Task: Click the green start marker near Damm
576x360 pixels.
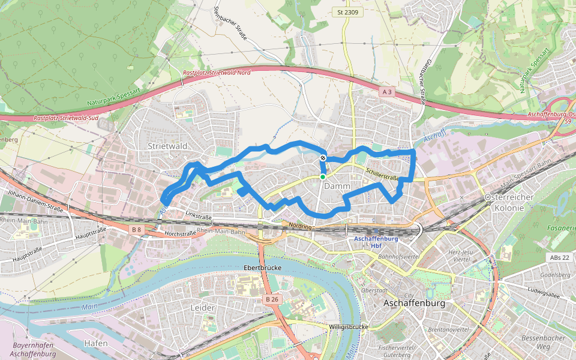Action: [323, 176]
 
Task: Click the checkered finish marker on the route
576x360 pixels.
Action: [323, 158]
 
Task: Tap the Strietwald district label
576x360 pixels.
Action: [168, 146]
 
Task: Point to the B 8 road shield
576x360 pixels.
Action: [137, 229]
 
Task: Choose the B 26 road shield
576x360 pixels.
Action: [272, 299]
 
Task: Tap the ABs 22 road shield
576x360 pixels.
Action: [557, 257]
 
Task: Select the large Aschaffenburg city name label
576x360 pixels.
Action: [414, 304]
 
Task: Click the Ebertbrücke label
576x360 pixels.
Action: [262, 267]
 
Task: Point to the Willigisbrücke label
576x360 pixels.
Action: [348, 327]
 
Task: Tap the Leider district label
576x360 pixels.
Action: [202, 308]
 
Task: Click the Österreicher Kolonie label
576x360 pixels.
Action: [504, 203]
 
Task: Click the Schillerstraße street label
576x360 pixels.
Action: [383, 176]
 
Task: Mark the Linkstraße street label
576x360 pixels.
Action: [200, 214]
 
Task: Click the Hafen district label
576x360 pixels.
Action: [96, 343]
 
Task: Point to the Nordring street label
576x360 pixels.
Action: [301, 226]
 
